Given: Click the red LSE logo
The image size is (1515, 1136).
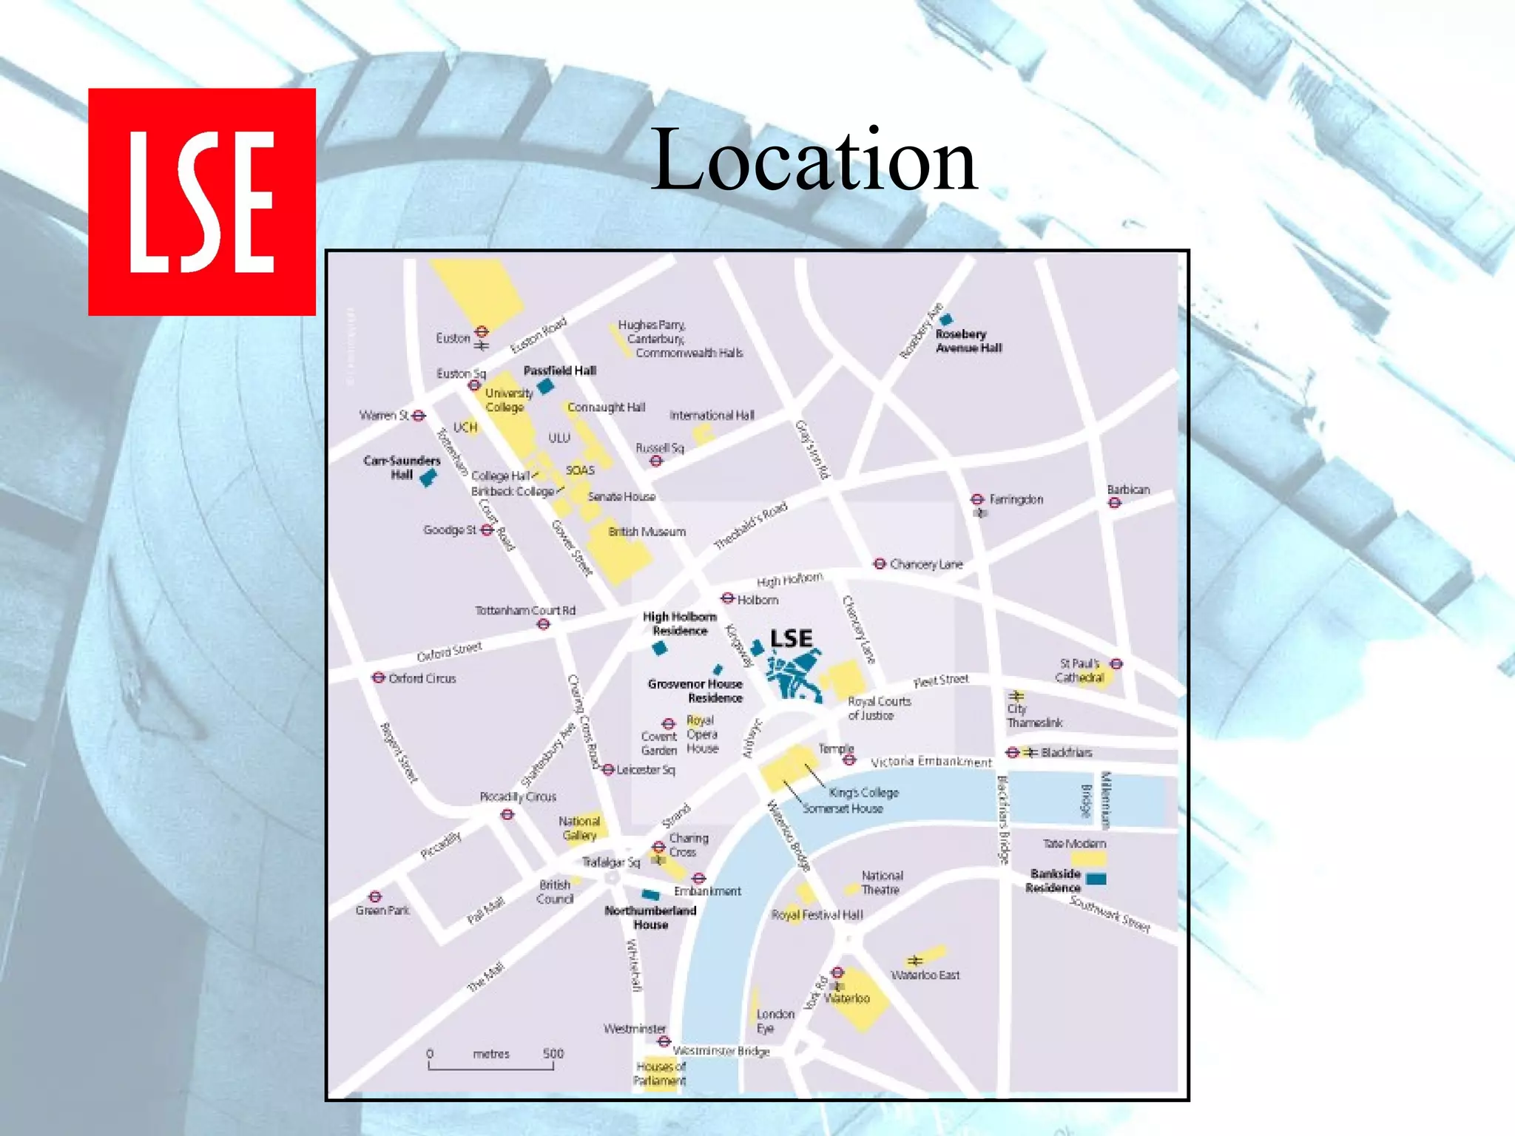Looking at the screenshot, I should coord(201,201).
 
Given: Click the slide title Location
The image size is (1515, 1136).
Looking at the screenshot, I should coord(814,160).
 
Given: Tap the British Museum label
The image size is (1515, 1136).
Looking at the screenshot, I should coord(647,532).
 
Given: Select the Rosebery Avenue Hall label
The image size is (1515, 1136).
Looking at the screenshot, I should coord(968,341).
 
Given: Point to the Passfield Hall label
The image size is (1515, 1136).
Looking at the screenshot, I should coord(559,371).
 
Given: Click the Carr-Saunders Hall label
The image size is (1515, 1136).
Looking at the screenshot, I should coord(402,467).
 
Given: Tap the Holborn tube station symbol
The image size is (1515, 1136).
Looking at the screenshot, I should coord(728,598).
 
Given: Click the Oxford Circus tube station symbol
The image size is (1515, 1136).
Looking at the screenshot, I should coord(379,677).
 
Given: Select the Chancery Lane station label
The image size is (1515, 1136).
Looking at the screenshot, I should coord(926,564).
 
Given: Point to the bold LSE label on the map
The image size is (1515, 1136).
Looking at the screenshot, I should coord(791,639).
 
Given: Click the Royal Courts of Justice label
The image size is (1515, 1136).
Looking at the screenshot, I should coord(879,709).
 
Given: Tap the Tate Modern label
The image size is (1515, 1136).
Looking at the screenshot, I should coord(1074,844).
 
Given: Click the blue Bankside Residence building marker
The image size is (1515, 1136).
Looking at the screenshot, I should coord(1096,879).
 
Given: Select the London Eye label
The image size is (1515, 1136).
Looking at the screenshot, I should coord(775,1021).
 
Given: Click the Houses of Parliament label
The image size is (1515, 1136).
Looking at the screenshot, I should coord(661,1073).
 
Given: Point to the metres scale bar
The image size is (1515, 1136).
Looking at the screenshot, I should coord(491,1065).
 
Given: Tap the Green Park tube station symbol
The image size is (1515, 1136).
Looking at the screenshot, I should coord(376,897).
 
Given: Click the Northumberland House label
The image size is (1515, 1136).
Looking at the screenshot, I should coord(650,918).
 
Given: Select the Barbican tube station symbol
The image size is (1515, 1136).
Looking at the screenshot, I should coord(1115,503).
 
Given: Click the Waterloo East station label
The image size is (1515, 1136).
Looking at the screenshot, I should coord(925,976).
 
